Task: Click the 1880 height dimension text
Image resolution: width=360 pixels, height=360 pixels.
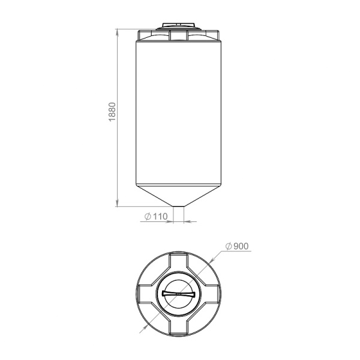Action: [112, 112]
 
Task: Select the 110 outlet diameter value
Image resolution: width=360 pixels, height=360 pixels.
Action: [160, 216]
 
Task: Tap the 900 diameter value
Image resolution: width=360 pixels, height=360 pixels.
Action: [241, 246]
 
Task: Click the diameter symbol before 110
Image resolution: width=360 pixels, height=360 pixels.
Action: [148, 216]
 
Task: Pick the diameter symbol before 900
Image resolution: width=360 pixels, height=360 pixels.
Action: [229, 246]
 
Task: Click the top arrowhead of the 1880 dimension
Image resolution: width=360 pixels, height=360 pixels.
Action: [118, 32]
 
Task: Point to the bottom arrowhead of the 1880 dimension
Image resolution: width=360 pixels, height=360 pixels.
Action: [118, 203]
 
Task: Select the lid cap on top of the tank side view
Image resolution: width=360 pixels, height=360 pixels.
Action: [179, 26]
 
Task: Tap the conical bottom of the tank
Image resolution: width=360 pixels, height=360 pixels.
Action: [179, 195]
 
